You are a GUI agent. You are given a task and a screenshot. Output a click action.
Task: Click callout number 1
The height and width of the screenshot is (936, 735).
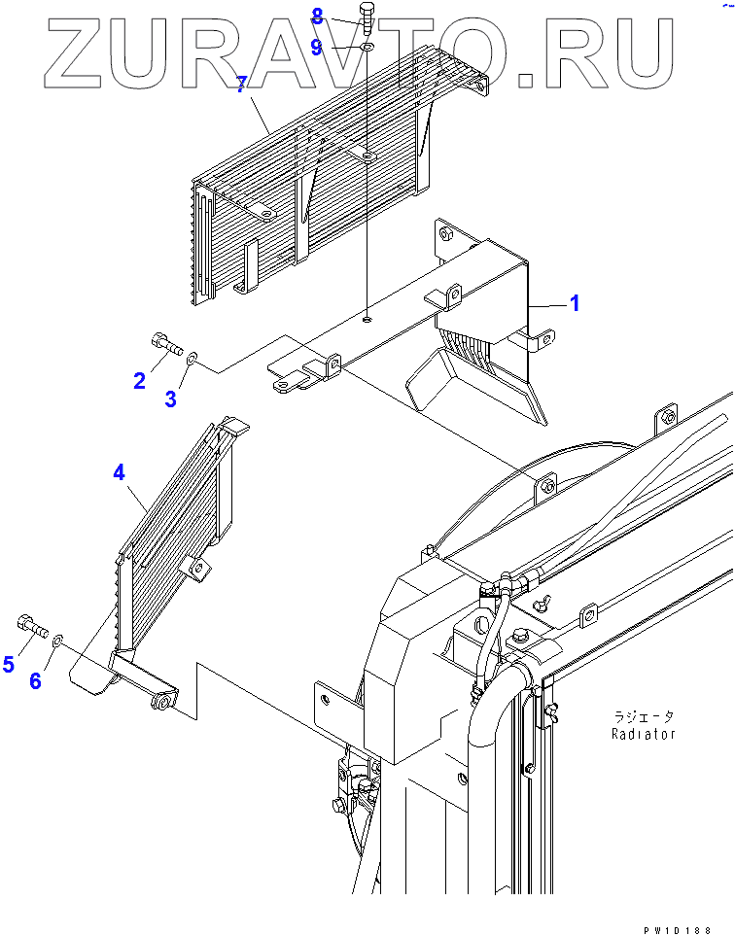pos(575,304)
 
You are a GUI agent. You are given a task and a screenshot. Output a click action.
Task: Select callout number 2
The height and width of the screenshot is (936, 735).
pos(140,380)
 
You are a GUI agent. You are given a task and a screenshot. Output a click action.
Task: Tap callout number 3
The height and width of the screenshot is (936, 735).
pos(171,398)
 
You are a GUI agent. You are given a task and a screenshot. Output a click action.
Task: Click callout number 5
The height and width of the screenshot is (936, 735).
pos(9,664)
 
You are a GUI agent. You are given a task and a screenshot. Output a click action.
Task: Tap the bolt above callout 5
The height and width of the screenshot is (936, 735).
pos(32,626)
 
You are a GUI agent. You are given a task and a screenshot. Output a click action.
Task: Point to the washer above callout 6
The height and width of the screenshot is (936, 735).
pos(58,640)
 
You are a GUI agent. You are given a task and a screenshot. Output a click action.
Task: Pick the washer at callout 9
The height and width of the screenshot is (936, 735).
pos(367,47)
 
